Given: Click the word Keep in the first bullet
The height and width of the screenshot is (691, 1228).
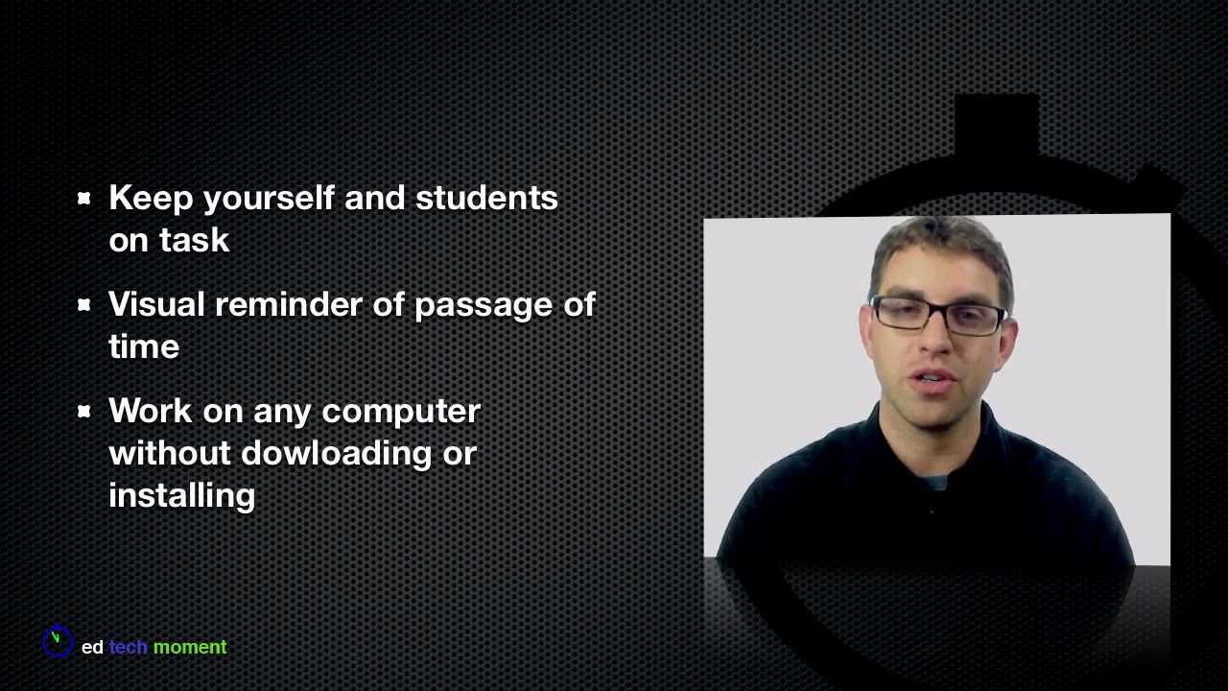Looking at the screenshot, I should point(151,199).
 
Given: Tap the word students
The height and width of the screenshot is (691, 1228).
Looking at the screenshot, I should point(485,199).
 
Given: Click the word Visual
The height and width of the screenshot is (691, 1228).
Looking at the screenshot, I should point(155,305).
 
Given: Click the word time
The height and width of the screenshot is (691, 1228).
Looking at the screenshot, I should point(144,347).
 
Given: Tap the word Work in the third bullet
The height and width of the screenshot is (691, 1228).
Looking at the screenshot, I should point(150,412).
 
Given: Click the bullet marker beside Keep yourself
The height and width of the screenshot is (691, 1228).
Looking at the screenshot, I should point(84,199).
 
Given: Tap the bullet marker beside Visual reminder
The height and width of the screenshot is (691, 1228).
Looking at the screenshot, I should point(84,305).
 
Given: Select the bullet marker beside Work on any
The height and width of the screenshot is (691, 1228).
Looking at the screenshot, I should point(84,412).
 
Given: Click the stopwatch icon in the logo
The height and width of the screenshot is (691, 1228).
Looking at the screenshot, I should point(58,641).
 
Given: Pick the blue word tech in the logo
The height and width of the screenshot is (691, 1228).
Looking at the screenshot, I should point(128,648).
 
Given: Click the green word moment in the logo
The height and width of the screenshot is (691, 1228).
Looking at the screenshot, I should point(190,648).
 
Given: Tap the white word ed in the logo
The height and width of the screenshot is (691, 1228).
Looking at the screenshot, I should point(92,648).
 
